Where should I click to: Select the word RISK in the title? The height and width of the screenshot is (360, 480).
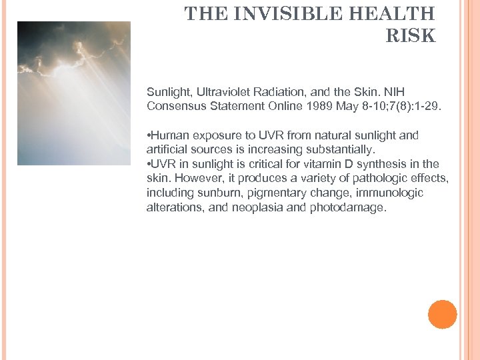coord(411,36)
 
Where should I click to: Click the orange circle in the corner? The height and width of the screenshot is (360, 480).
coord(442,314)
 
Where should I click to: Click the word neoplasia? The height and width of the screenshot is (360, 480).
coord(257,207)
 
